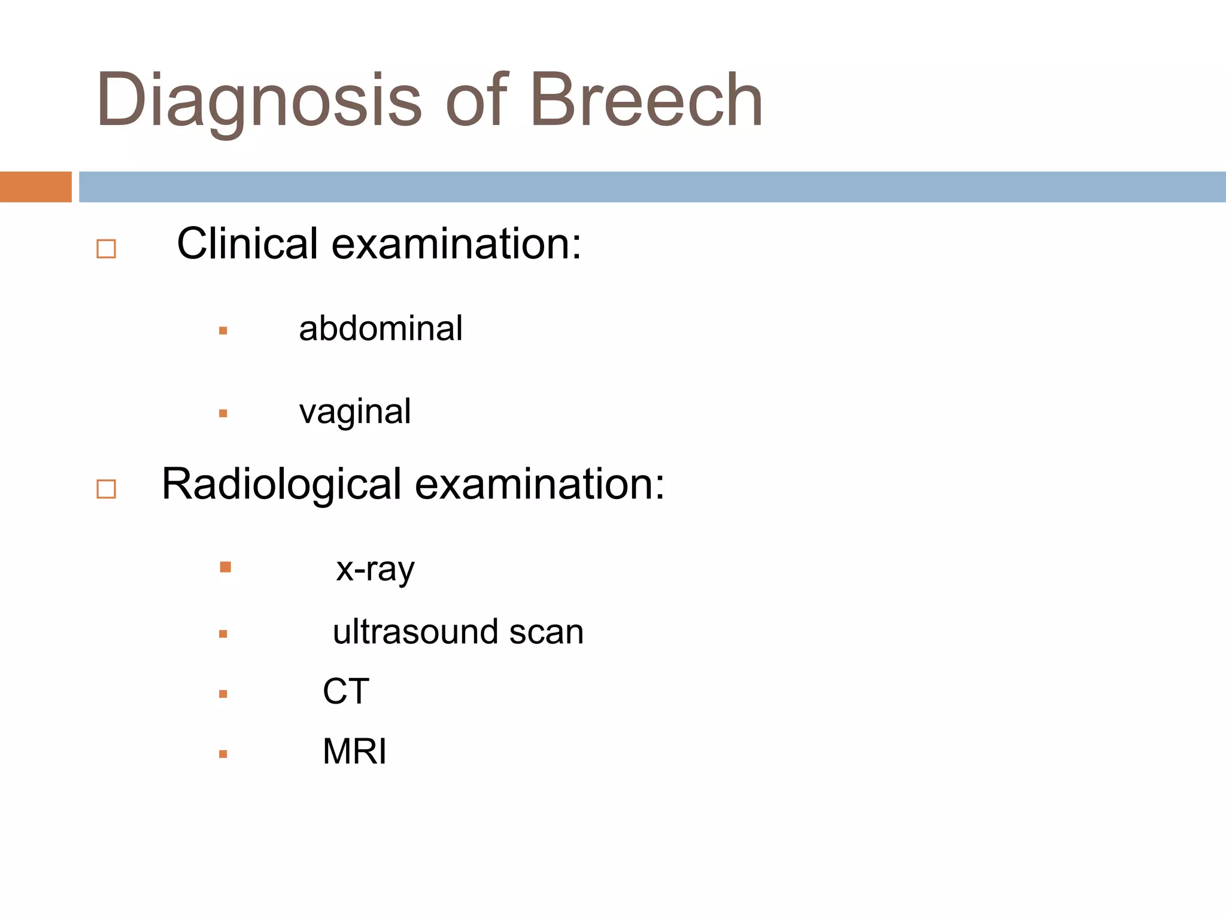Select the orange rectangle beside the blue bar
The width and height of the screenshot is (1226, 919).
(35, 187)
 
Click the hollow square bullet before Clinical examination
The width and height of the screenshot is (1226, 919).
(106, 248)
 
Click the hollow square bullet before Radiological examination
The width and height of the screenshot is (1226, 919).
(106, 489)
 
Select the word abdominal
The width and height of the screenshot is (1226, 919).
(381, 328)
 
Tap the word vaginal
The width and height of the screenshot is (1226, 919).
(355, 412)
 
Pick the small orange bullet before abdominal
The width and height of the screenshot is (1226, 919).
(223, 330)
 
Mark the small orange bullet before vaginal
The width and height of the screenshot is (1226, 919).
(223, 413)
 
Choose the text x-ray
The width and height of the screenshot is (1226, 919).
(375, 569)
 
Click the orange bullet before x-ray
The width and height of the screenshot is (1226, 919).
(225, 567)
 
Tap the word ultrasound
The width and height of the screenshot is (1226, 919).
(415, 632)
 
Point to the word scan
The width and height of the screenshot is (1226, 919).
(546, 632)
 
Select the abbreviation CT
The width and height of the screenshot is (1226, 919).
(346, 691)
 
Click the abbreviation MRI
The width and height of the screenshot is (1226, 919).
(354, 751)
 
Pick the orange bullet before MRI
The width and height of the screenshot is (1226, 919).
(223, 754)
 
